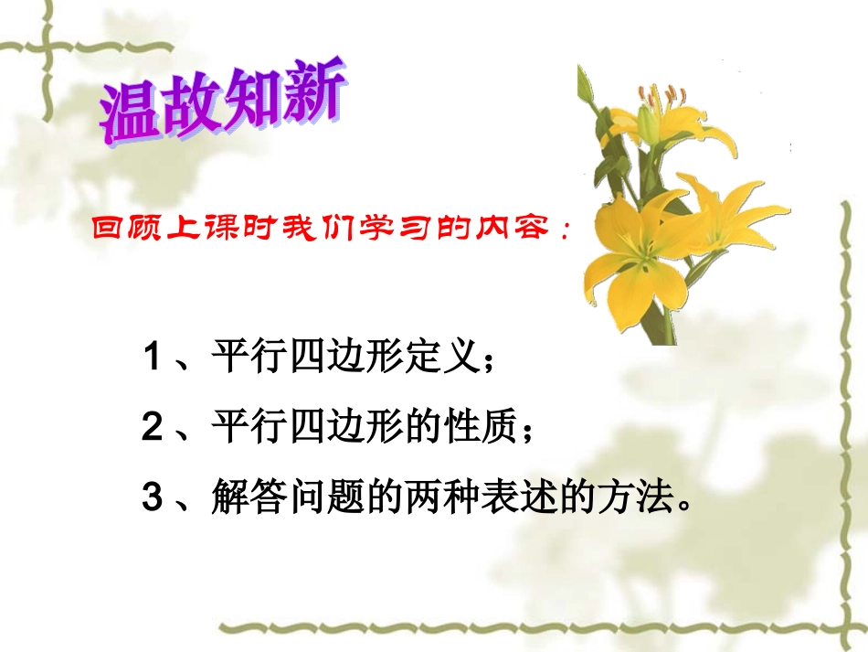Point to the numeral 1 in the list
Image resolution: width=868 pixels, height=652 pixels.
click(152, 358)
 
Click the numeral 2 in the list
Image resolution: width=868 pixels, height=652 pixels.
click(152, 428)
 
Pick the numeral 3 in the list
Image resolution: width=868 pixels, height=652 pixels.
click(152, 498)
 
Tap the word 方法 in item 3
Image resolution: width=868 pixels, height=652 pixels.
click(639, 497)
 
